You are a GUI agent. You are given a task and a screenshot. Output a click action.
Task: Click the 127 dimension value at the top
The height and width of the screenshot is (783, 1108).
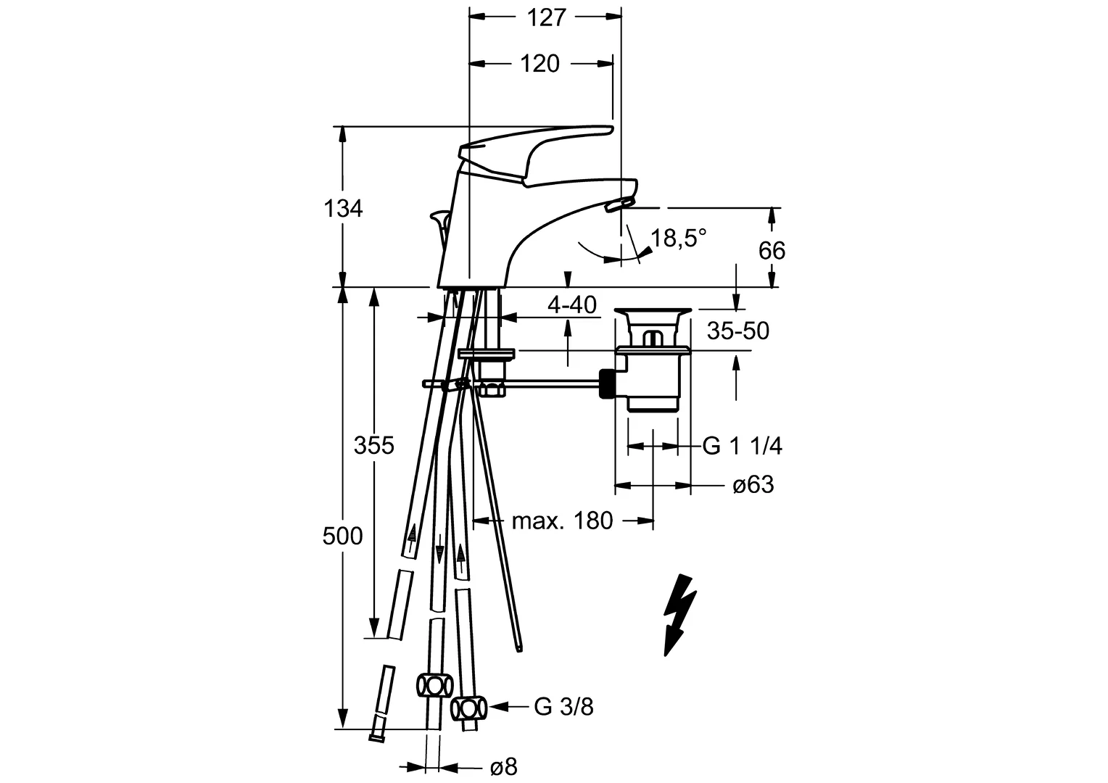pyautogui.click(x=546, y=17)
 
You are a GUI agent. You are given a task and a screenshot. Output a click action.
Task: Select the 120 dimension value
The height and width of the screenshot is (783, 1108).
pyautogui.click(x=540, y=64)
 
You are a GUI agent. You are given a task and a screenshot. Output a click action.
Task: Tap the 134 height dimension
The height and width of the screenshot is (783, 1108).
pyautogui.click(x=343, y=209)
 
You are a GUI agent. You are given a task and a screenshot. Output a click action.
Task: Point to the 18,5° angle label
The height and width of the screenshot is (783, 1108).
pyautogui.click(x=678, y=238)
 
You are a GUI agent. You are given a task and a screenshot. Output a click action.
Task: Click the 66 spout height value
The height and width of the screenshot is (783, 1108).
pyautogui.click(x=772, y=251)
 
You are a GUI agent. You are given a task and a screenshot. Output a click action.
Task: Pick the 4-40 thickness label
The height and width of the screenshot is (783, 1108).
pyautogui.click(x=572, y=305)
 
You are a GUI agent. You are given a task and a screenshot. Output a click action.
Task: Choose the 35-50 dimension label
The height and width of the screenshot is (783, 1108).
pyautogui.click(x=738, y=331)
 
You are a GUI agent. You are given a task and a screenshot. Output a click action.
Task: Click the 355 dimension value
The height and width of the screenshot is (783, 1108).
pyautogui.click(x=373, y=445)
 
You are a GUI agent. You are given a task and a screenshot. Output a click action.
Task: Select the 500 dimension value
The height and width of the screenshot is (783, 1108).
pyautogui.click(x=342, y=536)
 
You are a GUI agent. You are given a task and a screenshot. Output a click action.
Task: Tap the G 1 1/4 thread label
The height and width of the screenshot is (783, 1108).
pyautogui.click(x=743, y=446)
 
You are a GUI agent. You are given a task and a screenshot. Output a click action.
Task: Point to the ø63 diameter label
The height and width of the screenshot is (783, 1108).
pyautogui.click(x=753, y=484)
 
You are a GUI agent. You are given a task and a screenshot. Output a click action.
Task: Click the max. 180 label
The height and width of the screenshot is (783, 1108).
pyautogui.click(x=563, y=520)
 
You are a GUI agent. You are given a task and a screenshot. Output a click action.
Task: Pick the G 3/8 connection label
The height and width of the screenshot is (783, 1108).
pyautogui.click(x=564, y=706)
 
